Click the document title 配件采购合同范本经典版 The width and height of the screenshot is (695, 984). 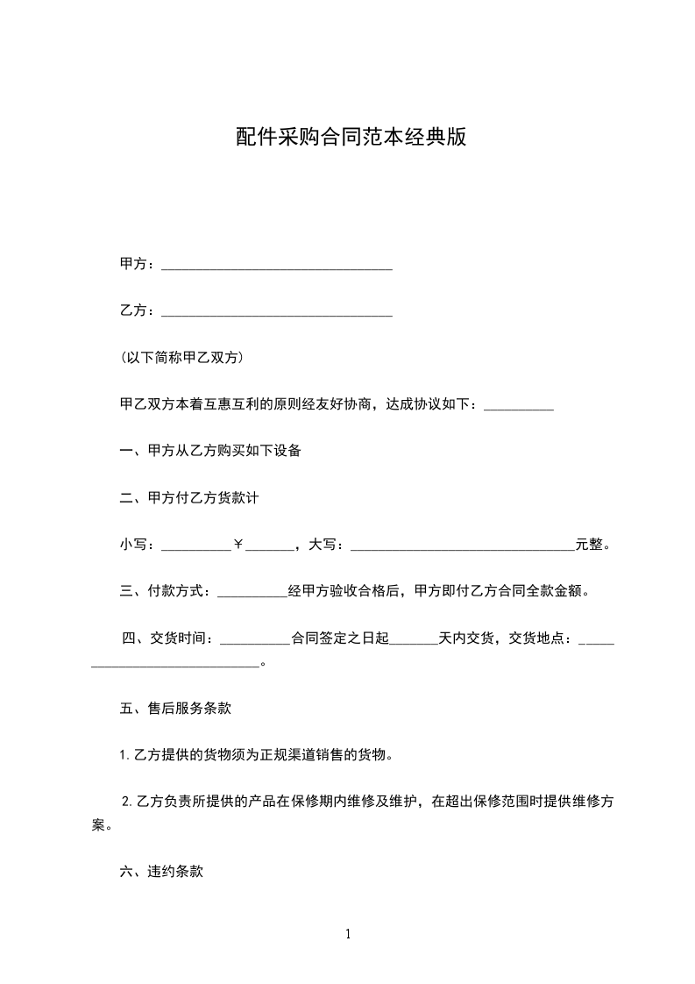coord(350,138)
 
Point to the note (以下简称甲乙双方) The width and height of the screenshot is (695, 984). coord(181,358)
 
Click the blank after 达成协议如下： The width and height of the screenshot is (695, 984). coord(518,407)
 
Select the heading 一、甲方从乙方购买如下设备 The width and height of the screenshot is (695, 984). coord(210,452)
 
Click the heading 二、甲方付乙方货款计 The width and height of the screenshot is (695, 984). coord(188,498)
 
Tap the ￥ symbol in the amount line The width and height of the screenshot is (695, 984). coord(238,545)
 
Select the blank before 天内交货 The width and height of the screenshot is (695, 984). coord(412,641)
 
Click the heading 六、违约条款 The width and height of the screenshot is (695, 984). coord(161,872)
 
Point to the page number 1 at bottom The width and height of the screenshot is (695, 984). coord(348,934)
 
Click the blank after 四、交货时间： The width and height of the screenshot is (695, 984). coord(255,641)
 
